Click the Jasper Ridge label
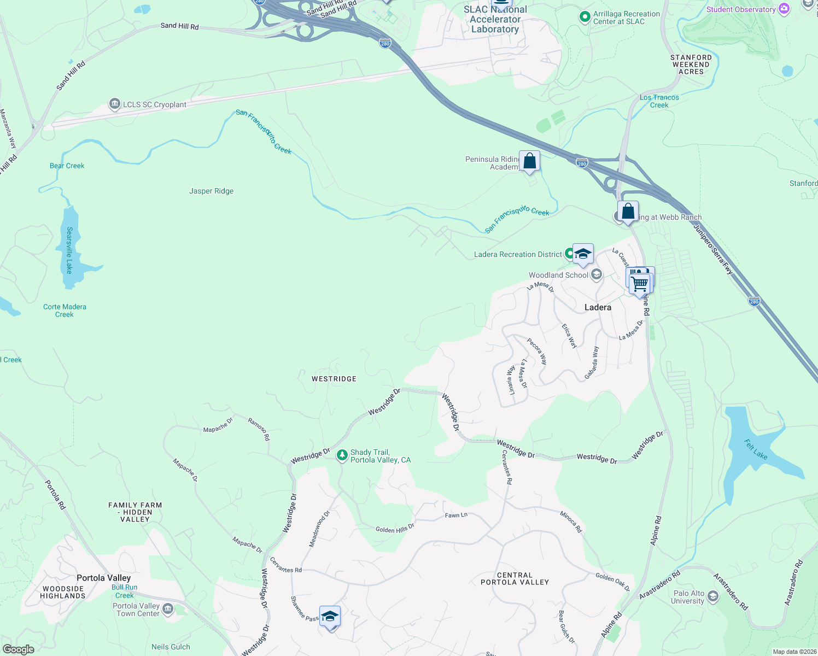[211, 191]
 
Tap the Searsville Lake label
[69, 250]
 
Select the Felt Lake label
[756, 449]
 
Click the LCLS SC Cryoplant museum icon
[114, 104]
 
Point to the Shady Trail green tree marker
[342, 455]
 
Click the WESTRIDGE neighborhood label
[334, 379]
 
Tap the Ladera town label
[598, 307]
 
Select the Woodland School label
[558, 275]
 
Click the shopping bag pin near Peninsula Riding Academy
[529, 161]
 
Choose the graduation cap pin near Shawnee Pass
[330, 617]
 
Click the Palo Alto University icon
[712, 596]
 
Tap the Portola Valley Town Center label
[136, 610]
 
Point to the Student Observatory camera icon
[784, 9]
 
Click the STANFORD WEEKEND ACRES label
[691, 65]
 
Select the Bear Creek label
[67, 166]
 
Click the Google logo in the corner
[18, 649]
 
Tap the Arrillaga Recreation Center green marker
[585, 17]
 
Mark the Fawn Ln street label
[456, 515]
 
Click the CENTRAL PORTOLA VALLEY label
[515, 578]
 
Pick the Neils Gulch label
[171, 647]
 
